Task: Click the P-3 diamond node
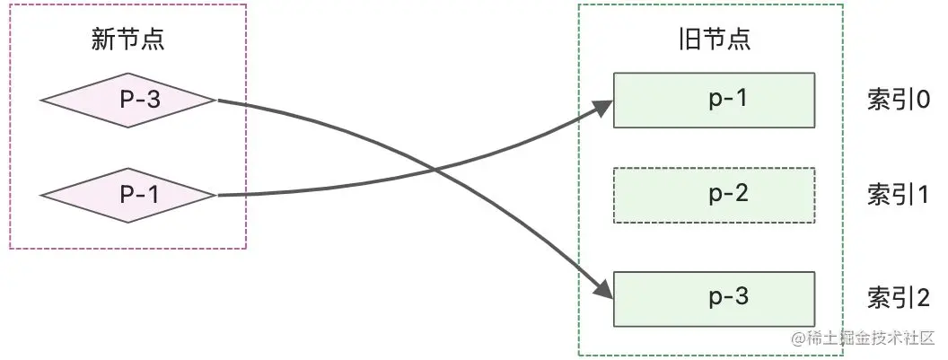coord(128,100)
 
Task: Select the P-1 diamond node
coord(128,195)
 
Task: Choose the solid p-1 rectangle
coord(714,100)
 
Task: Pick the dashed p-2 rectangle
coord(714,195)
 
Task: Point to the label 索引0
coord(898,100)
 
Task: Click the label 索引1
coord(898,195)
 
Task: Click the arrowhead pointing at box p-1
coord(606,108)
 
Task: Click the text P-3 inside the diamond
coord(140,100)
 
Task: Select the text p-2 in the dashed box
coord(728,194)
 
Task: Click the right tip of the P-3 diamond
coord(215,100)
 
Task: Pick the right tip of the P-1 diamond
coord(215,195)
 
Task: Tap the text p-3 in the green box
coord(728,297)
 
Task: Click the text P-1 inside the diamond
coord(140,195)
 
